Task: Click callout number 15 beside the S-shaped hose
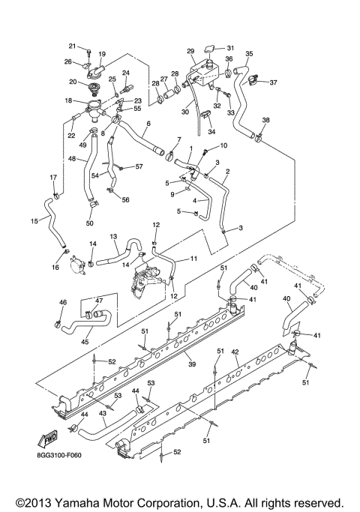(34, 221)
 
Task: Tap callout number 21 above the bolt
(73, 46)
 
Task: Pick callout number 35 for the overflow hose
(249, 54)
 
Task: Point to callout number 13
(114, 236)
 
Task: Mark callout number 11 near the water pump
(193, 259)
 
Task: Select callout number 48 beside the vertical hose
(73, 159)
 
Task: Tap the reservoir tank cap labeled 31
(211, 48)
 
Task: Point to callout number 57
(139, 166)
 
